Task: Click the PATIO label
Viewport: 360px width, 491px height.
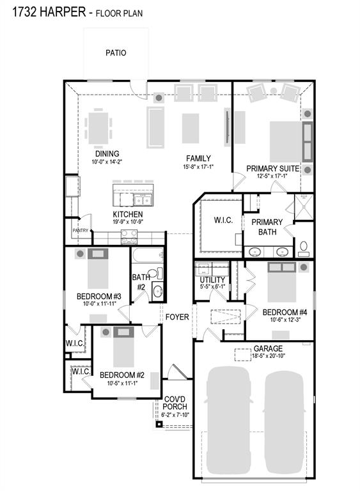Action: (116, 52)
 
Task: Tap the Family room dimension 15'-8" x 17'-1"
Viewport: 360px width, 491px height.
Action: (198, 167)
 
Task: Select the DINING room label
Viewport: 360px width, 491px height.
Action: (107, 153)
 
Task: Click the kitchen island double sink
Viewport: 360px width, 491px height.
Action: (143, 199)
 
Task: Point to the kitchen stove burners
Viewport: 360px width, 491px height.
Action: (129, 237)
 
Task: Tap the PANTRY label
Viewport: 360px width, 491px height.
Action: (81, 230)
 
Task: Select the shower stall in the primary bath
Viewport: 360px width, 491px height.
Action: (304, 207)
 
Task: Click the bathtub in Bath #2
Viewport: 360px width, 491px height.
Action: (148, 255)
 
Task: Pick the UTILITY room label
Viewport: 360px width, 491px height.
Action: (212, 279)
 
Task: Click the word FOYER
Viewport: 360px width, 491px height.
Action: (177, 317)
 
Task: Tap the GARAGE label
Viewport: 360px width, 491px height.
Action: (268, 348)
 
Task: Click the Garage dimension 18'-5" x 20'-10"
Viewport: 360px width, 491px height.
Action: (268, 355)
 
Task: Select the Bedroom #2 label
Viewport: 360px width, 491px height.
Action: (122, 375)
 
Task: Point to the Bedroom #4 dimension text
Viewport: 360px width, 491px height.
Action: (285, 320)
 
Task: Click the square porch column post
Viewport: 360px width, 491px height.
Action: (159, 425)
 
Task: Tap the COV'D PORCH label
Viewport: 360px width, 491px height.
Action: (175, 403)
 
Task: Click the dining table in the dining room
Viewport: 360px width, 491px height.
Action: (98, 128)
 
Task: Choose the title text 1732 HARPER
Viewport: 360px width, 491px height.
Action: (49, 12)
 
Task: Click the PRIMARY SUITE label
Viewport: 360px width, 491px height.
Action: (272, 169)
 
